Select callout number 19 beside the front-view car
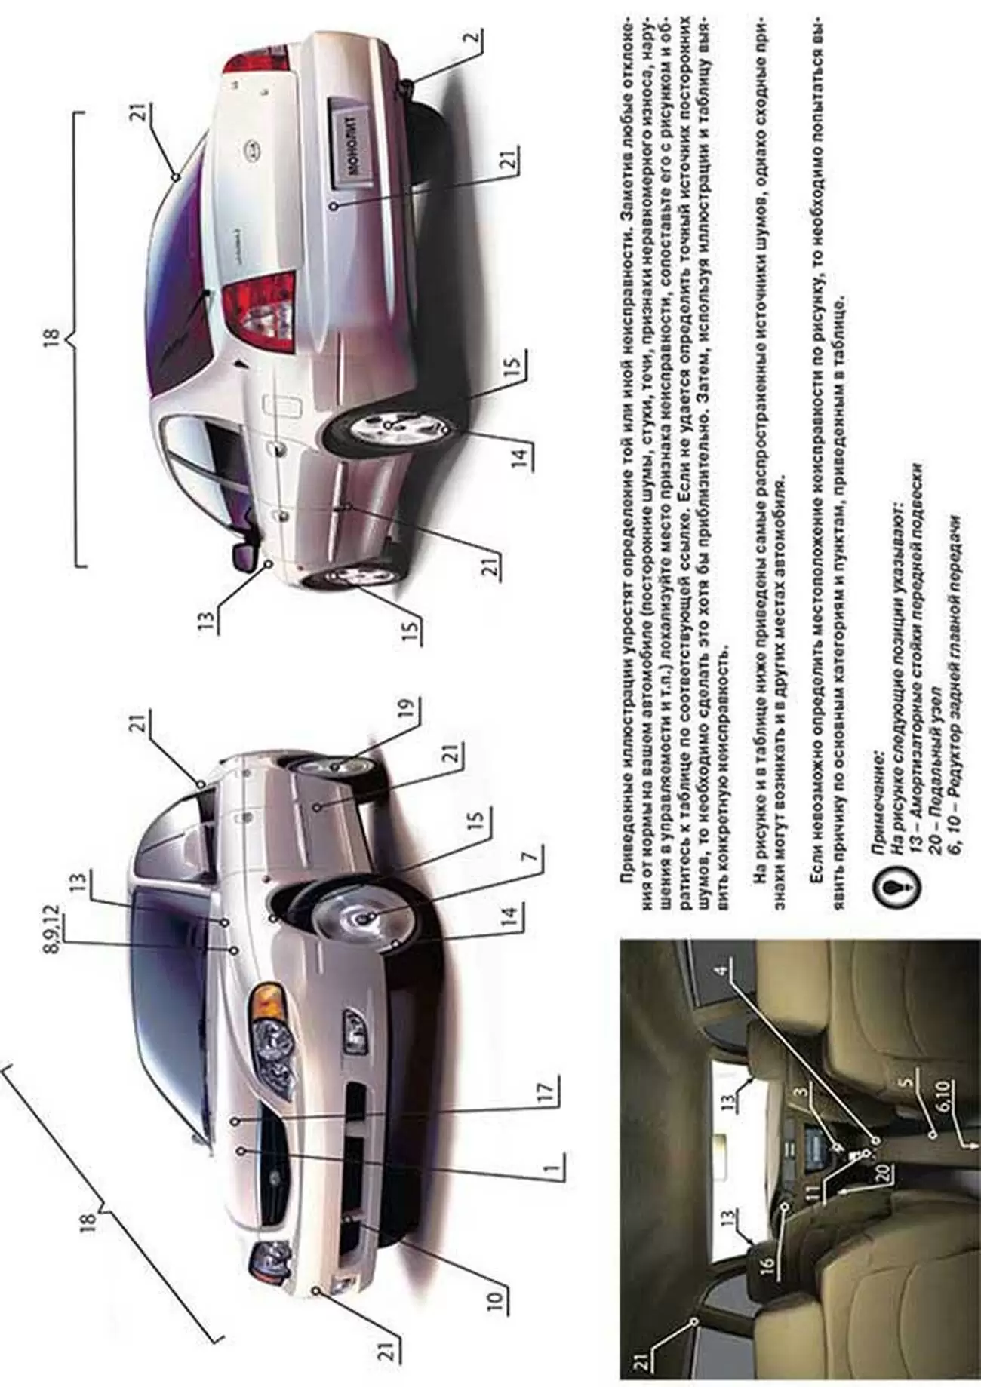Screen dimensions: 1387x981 click(x=408, y=712)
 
